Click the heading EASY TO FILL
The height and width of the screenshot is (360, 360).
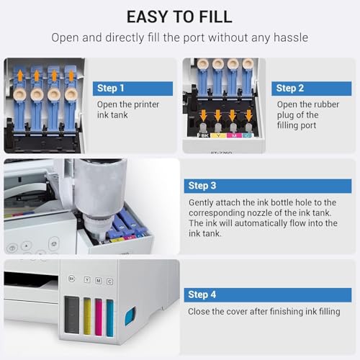click(x=179, y=17)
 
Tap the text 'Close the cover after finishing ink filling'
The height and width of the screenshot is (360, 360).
click(x=264, y=312)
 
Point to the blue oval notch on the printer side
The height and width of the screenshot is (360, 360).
click(x=130, y=315)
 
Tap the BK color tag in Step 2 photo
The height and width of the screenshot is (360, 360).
click(x=204, y=135)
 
